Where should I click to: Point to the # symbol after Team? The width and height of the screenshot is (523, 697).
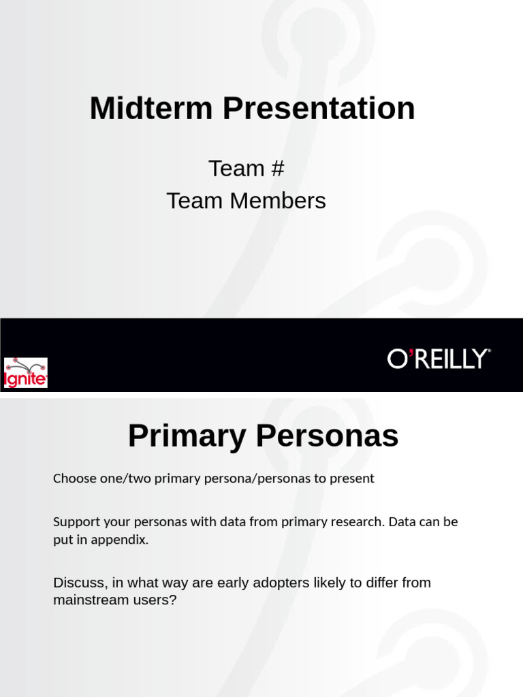(276, 168)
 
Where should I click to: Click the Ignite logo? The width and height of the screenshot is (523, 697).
(26, 372)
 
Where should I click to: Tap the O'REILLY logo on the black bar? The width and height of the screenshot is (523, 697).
(439, 359)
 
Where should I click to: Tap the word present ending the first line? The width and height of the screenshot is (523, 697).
(351, 479)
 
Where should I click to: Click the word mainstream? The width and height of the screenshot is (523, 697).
(86, 601)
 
